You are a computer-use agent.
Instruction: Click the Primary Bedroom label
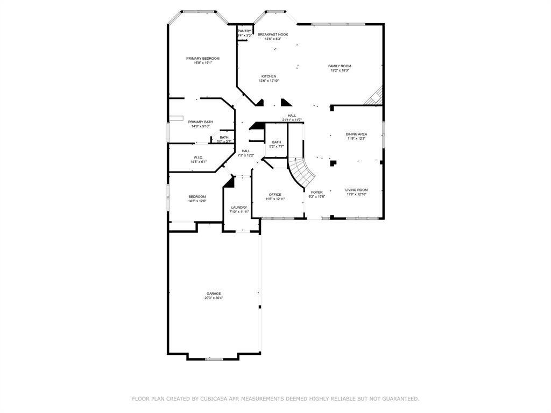tap(203, 59)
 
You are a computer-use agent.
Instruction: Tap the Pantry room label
tap(244, 31)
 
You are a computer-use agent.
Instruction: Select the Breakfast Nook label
tap(273, 34)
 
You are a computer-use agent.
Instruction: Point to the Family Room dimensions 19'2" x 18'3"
tap(340, 70)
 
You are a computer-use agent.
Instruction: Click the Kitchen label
tap(269, 76)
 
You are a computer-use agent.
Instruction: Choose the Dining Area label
tap(356, 134)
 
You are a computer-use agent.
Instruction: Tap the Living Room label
tap(356, 190)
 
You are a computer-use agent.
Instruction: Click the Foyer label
tap(316, 192)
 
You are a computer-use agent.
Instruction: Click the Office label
tap(275, 195)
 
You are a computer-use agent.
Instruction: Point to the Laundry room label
tap(239, 208)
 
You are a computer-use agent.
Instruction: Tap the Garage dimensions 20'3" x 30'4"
tap(213, 298)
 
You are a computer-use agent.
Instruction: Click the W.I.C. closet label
tap(198, 158)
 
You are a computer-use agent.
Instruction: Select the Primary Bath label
tap(200, 122)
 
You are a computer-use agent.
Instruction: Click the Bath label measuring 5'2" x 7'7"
tap(277, 142)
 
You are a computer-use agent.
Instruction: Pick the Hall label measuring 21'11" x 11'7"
tap(292, 116)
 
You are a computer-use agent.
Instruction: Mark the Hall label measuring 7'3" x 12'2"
tap(246, 151)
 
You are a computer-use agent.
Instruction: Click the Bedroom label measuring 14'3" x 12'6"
tap(197, 197)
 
